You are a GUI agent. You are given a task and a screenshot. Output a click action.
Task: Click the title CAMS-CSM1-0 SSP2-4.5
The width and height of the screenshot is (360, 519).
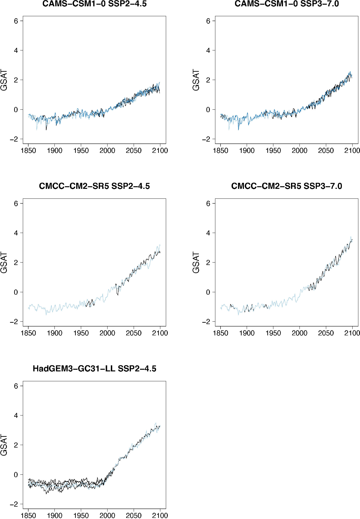click(x=94, y=4)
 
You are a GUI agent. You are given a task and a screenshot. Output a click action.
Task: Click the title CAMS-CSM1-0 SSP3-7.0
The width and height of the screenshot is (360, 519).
click(x=287, y=4)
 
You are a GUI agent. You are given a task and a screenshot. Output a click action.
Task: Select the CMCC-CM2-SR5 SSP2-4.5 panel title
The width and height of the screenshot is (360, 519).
click(x=94, y=186)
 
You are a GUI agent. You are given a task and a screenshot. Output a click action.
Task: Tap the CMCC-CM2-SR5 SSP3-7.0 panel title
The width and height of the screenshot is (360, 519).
click(x=287, y=186)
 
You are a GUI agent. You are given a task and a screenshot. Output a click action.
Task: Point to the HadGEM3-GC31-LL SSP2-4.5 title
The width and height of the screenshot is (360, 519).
click(x=94, y=369)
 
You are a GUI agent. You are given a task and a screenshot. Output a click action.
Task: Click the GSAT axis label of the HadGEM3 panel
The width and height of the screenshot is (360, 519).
click(x=4, y=445)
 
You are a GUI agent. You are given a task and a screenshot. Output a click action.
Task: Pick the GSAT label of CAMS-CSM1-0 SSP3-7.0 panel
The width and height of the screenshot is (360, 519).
click(x=196, y=80)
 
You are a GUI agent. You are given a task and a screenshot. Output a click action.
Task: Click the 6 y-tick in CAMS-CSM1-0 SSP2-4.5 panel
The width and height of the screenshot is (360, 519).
click(x=16, y=21)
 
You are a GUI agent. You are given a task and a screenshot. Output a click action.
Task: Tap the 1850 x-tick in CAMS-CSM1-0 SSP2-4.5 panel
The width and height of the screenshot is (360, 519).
click(x=28, y=151)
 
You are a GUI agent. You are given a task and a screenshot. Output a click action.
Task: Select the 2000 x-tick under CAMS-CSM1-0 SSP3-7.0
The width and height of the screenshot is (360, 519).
click(x=299, y=151)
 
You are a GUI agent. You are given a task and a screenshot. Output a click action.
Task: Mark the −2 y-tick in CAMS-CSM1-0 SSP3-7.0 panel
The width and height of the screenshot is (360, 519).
click(x=206, y=139)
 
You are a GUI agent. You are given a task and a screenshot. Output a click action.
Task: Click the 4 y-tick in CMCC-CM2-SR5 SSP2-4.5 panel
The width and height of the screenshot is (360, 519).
click(x=16, y=233)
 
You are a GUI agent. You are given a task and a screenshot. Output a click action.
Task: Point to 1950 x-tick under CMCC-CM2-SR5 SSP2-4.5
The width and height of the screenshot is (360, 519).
click(x=81, y=333)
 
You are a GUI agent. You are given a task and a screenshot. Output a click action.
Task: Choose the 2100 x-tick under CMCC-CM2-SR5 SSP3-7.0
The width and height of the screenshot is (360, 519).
click(x=352, y=333)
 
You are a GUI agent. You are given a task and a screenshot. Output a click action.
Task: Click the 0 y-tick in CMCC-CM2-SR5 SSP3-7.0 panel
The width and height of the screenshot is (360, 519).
click(x=208, y=292)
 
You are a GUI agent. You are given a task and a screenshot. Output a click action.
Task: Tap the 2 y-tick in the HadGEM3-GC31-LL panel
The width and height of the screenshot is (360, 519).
click(x=16, y=445)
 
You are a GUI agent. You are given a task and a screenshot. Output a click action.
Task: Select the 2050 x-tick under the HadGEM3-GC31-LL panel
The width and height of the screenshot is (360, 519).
click(x=134, y=515)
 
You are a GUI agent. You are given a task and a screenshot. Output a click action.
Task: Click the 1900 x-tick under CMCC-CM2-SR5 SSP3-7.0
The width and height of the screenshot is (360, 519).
click(x=247, y=333)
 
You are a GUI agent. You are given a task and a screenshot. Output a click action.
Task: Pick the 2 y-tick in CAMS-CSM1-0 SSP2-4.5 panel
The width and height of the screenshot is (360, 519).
click(x=16, y=80)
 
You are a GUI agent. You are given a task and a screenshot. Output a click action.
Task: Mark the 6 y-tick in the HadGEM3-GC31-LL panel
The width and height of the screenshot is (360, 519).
click(x=16, y=386)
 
